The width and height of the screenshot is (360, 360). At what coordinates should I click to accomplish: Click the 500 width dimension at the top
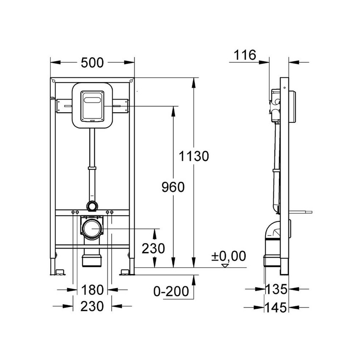(x=92, y=63)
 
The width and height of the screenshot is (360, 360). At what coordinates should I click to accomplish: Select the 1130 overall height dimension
(x=194, y=156)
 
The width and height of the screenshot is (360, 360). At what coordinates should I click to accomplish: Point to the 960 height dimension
(x=173, y=187)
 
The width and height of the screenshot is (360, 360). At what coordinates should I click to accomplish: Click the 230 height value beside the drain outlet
(x=153, y=248)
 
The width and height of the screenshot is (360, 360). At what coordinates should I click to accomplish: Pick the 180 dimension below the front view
(x=92, y=290)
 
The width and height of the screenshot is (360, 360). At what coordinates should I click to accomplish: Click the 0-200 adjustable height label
(x=169, y=292)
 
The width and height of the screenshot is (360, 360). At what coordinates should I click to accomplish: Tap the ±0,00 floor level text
(x=228, y=256)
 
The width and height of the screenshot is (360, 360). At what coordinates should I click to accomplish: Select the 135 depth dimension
(x=276, y=290)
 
